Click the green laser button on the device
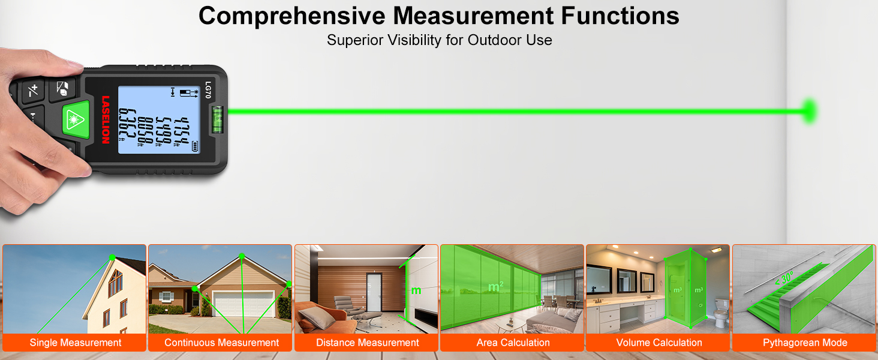pyautogui.click(x=76, y=119)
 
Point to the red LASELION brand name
pyautogui.click(x=106, y=119)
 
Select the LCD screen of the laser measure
pyautogui.click(x=158, y=119)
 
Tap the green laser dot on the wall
pyautogui.click(x=810, y=110)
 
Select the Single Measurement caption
pyautogui.click(x=76, y=343)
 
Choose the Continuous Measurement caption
pyautogui.click(x=221, y=343)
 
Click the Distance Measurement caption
pyautogui.click(x=367, y=343)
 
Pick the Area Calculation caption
pyautogui.click(x=513, y=343)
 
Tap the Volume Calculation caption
pyautogui.click(x=659, y=343)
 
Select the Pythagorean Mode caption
pyautogui.click(x=805, y=343)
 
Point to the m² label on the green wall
pyautogui.click(x=495, y=287)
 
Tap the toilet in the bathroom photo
pyautogui.click(x=721, y=316)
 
